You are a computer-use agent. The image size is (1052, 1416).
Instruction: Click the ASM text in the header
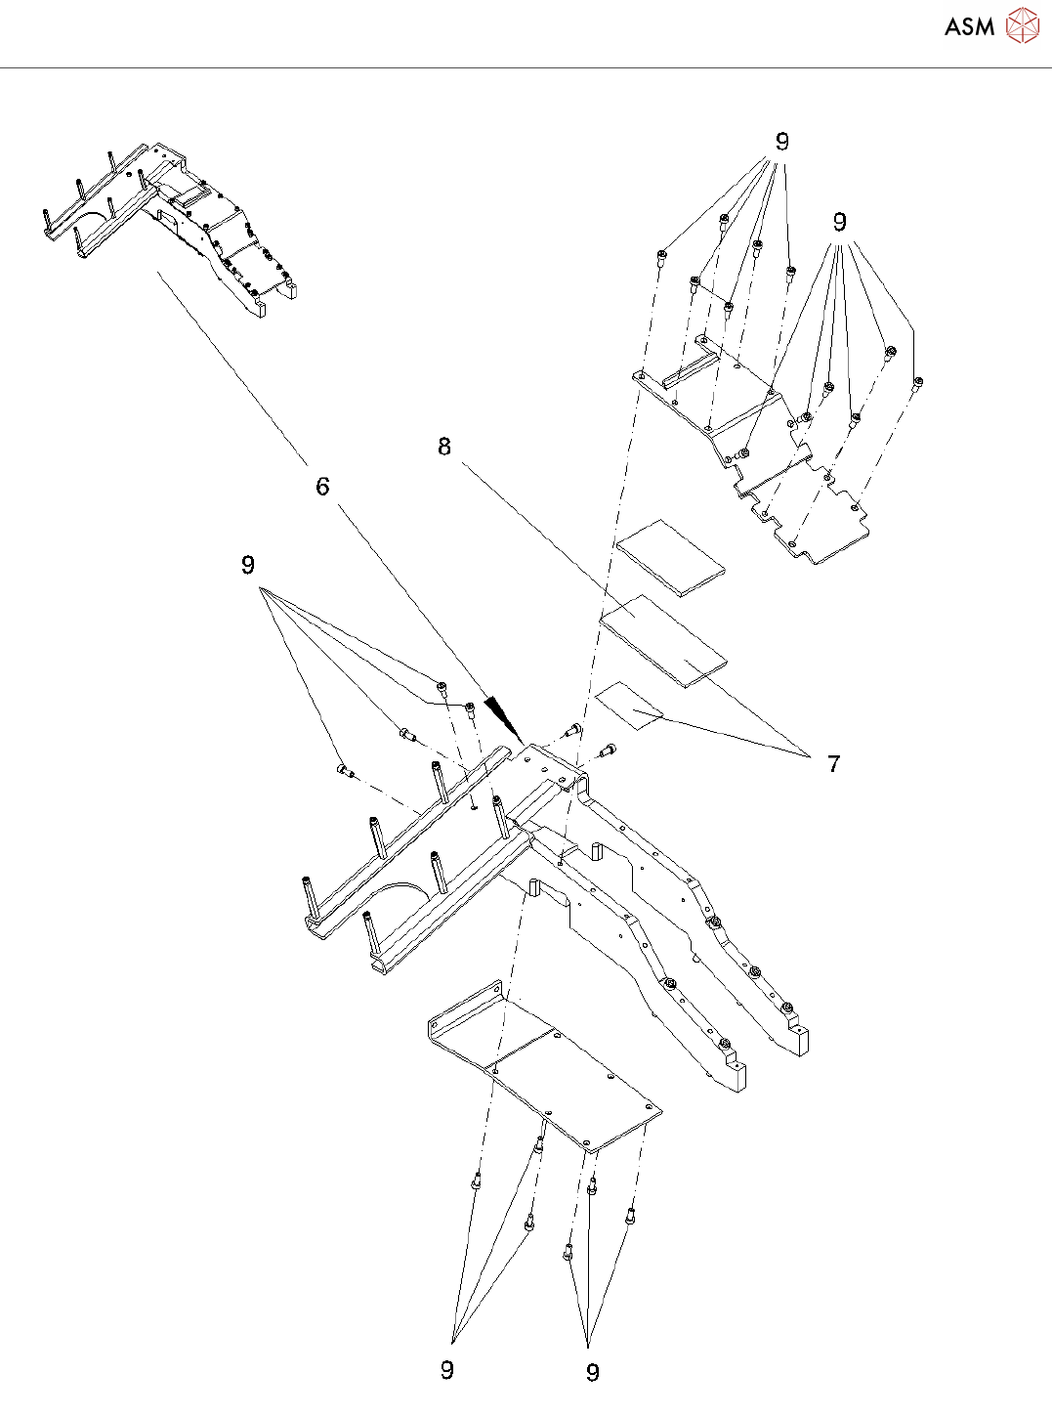coord(969,27)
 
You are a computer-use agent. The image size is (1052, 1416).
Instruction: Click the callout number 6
coord(322,487)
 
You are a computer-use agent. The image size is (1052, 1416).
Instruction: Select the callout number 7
coord(833,764)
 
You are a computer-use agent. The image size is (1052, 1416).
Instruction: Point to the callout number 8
coord(444,448)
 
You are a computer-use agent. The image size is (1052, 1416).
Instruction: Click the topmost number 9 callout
coord(781,143)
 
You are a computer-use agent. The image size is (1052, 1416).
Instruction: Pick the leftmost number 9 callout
coord(248,566)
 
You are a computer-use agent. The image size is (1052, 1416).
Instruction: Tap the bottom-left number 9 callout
coord(447,1370)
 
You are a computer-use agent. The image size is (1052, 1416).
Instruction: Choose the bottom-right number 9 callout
coord(592,1373)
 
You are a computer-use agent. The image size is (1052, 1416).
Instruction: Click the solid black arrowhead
coord(503,717)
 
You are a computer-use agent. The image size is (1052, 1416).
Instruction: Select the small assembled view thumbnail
coord(171,230)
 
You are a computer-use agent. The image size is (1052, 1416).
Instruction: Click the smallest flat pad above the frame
coord(629,707)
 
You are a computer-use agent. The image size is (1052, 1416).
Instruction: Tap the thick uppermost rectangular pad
coord(671,556)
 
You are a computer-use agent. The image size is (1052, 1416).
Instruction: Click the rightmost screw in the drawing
coord(917,383)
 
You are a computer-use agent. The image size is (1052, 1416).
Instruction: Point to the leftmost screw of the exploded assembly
coord(343,770)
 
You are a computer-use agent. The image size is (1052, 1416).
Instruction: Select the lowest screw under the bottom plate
coord(568,1252)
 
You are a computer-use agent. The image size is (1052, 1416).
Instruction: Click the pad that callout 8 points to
coord(664,640)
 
